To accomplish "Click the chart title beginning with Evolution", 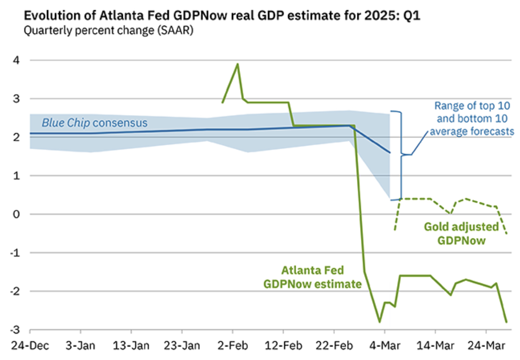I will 222,16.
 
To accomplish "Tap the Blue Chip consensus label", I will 95,122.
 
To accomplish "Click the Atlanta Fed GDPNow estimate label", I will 312,277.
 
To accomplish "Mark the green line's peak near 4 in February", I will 238,64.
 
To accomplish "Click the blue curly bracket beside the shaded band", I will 402,155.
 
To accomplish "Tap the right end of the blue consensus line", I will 390,153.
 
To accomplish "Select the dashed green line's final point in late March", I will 507,234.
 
